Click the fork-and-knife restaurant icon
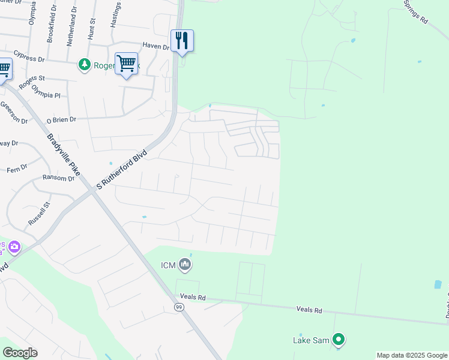pyautogui.click(x=182, y=40)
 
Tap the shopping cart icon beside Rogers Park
pyautogui.click(x=126, y=63)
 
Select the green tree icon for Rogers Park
pyautogui.click(x=85, y=64)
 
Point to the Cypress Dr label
pyautogui.click(x=29, y=55)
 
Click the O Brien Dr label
pyautogui.click(x=62, y=119)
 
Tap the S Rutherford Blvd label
pyautogui.click(x=122, y=169)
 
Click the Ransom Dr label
pyautogui.click(x=58, y=178)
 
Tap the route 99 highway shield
pyautogui.click(x=179, y=307)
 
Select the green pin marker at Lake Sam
pyautogui.click(x=339, y=340)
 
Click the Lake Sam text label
pyautogui.click(x=311, y=340)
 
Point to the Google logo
pyautogui.click(x=20, y=352)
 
